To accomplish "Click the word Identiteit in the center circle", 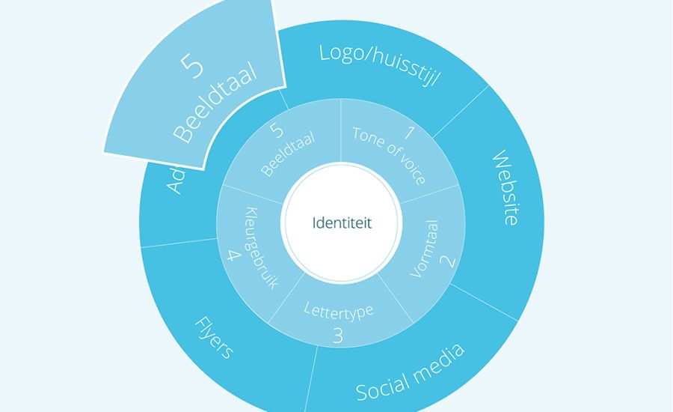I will [341, 223].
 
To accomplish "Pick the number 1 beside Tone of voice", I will [408, 135].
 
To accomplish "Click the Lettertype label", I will [338, 309].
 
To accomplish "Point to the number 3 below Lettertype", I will [337, 335].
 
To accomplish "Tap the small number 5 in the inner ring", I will [277, 131].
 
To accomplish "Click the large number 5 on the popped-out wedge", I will [192, 65].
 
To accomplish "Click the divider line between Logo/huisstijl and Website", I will [460, 112].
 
